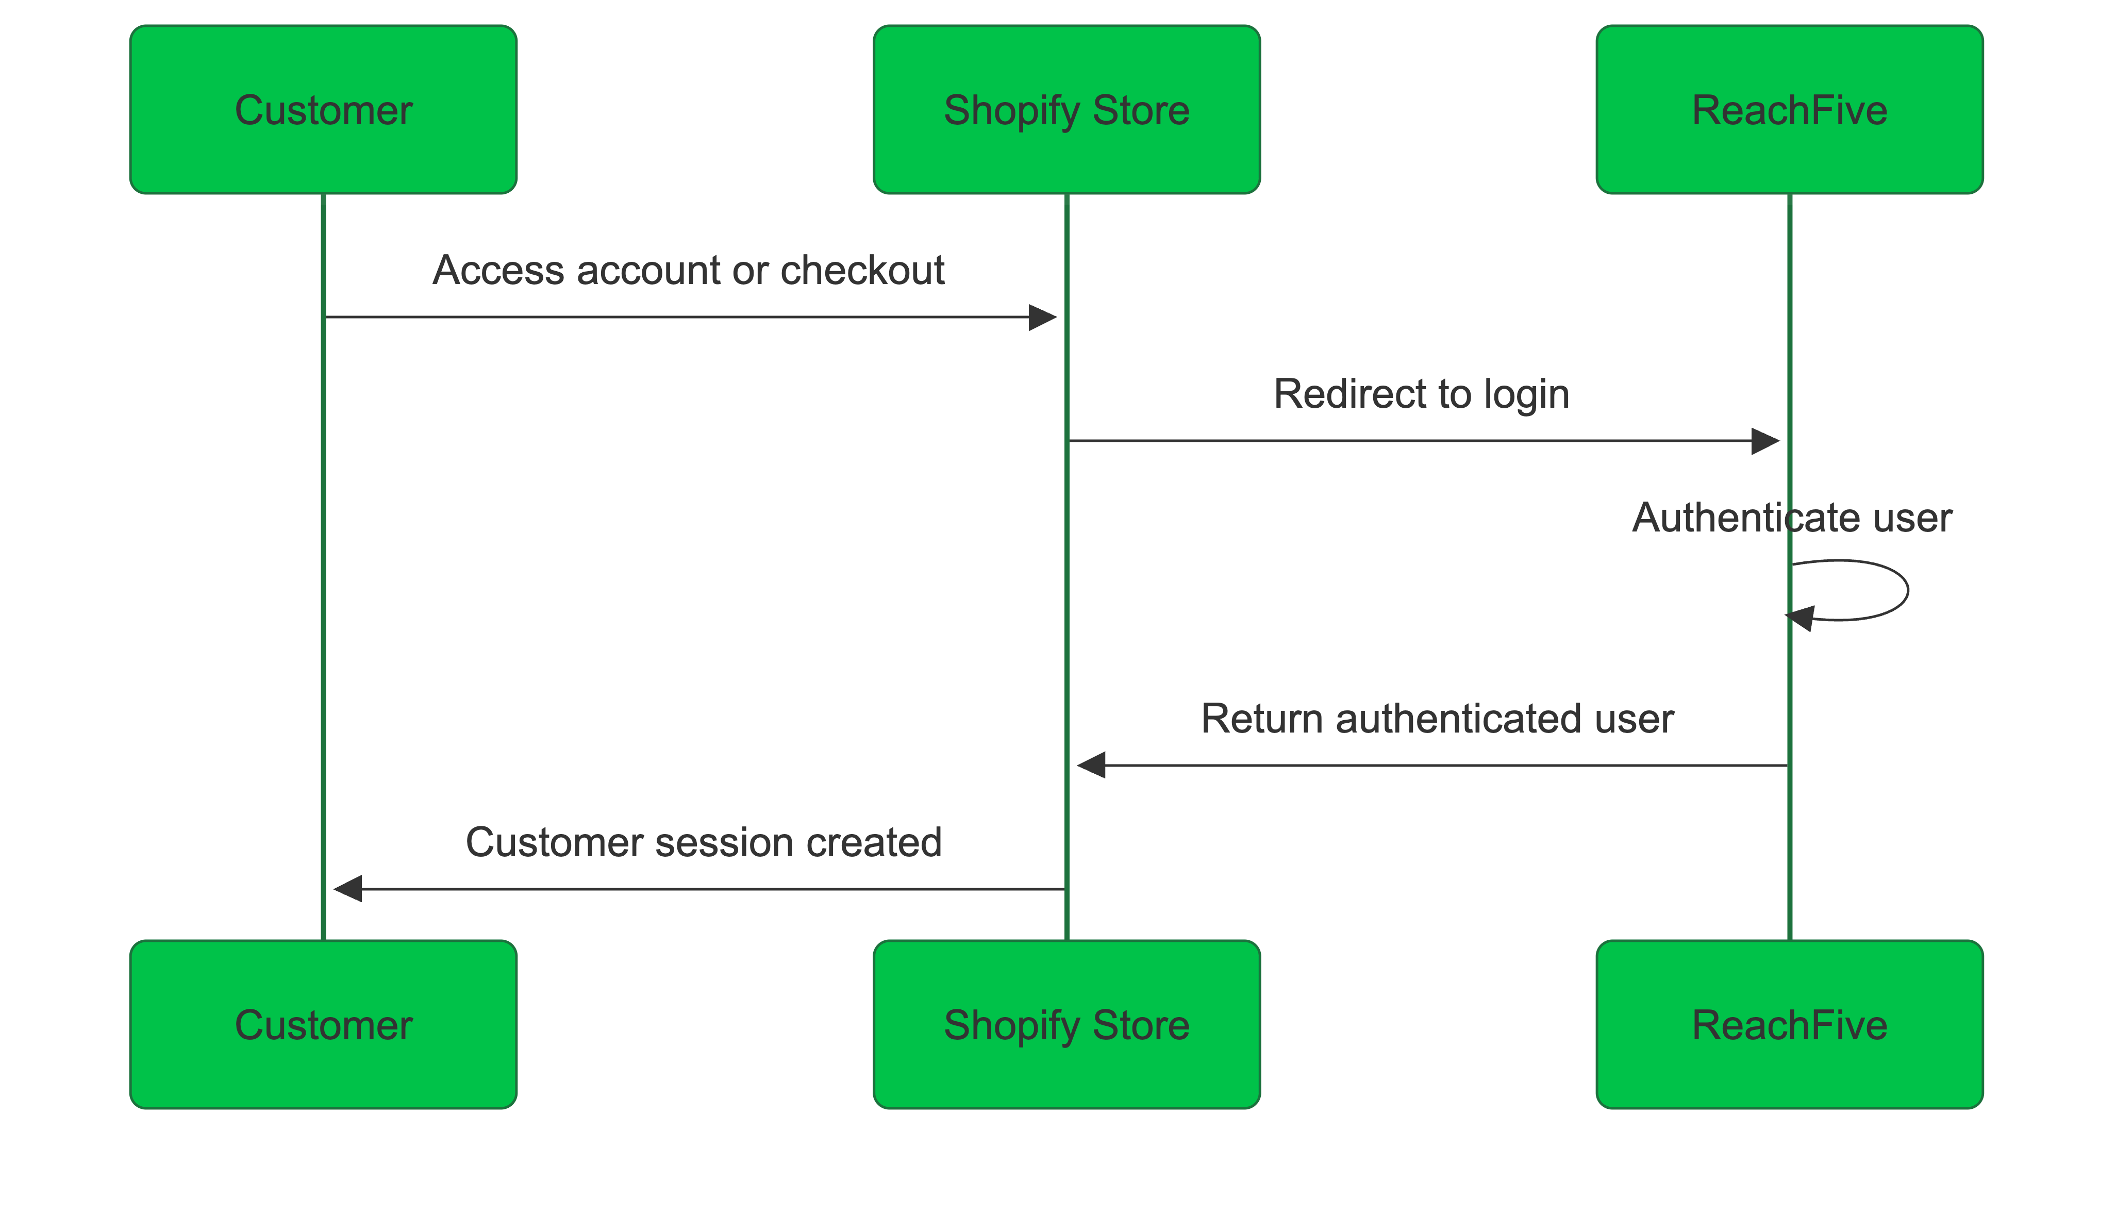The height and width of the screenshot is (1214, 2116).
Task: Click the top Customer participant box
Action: [324, 110]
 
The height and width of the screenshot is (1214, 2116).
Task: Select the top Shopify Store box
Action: [1067, 110]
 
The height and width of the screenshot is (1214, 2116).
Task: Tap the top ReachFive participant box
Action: [1789, 110]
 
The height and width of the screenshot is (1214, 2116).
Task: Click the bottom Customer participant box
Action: [324, 1025]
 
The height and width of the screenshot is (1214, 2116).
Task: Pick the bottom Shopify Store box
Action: [1067, 1025]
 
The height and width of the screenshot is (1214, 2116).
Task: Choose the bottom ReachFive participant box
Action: [1789, 1025]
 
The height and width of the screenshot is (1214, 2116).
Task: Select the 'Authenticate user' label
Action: [1792, 518]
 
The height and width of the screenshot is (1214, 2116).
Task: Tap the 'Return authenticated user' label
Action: [1437, 719]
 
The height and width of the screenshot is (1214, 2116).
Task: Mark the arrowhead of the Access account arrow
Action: [1043, 318]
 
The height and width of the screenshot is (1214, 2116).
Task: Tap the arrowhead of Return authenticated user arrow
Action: [1091, 764]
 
